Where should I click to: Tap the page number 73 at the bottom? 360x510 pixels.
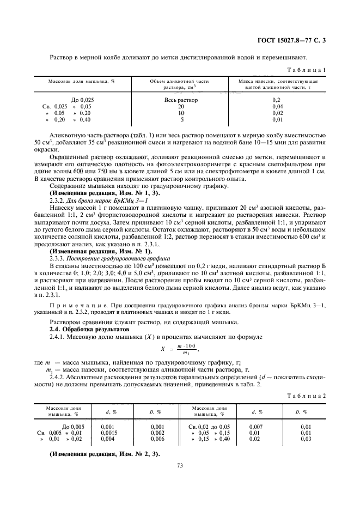click(x=179, y=465)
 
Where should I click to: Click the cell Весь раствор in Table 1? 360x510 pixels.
click(x=181, y=100)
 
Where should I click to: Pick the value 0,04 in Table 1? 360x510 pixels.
click(x=277, y=106)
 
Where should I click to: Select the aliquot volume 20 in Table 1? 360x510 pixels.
click(x=181, y=106)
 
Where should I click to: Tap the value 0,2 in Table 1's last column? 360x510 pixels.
click(x=277, y=100)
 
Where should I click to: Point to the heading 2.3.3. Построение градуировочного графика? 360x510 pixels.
click(x=109, y=258)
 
